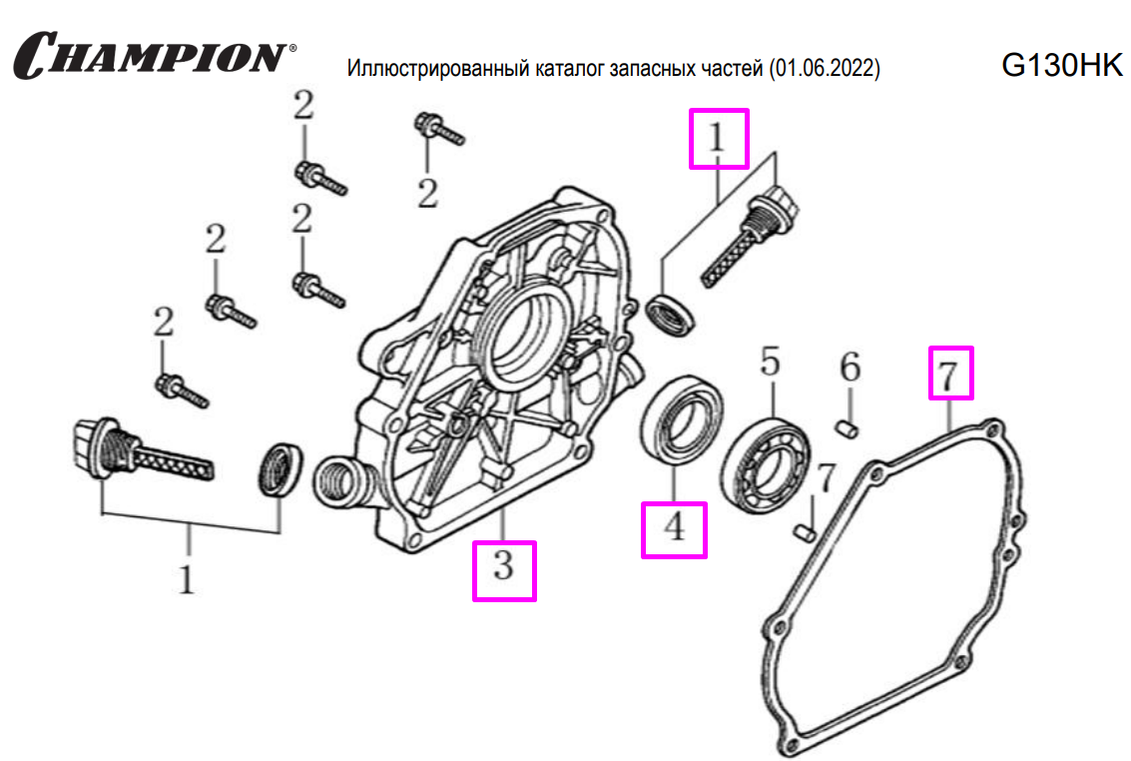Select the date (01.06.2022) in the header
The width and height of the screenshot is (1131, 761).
[x=826, y=70]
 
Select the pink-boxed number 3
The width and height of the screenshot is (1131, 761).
[x=504, y=569]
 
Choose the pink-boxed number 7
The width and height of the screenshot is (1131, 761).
[x=950, y=372]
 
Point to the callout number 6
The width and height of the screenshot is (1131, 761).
[x=849, y=369]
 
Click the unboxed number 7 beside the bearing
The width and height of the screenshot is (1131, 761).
[x=826, y=479]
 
